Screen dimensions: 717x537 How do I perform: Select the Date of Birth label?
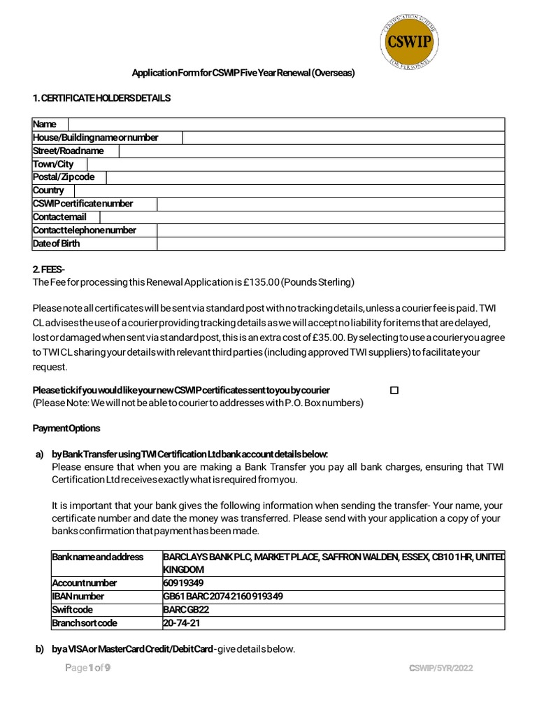click(x=57, y=244)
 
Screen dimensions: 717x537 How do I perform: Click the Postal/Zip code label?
click(x=64, y=177)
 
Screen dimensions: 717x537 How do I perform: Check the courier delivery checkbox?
click(x=394, y=390)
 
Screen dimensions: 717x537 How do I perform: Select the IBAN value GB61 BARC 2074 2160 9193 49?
click(x=222, y=596)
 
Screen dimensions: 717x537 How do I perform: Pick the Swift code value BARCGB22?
click(x=186, y=609)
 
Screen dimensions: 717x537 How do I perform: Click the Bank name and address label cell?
click(x=98, y=557)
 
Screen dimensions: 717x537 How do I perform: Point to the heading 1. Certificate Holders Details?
click(x=101, y=99)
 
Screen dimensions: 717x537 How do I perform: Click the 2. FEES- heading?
click(x=49, y=270)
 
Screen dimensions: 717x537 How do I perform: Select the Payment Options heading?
click(x=66, y=428)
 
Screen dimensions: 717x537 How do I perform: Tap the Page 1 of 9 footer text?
click(x=87, y=668)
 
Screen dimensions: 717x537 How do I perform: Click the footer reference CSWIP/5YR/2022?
click(x=441, y=669)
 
